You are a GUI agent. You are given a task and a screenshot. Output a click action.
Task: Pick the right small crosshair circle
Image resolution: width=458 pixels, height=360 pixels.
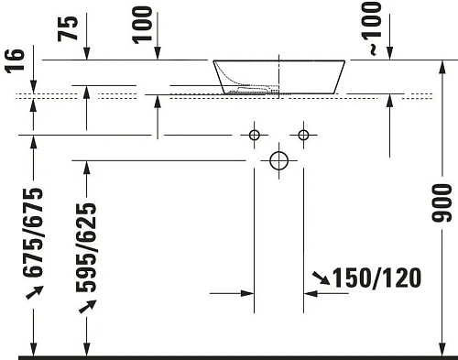coord(304,136)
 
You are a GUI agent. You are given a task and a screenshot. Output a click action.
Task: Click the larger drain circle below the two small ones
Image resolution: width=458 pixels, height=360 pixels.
coord(279,161)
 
